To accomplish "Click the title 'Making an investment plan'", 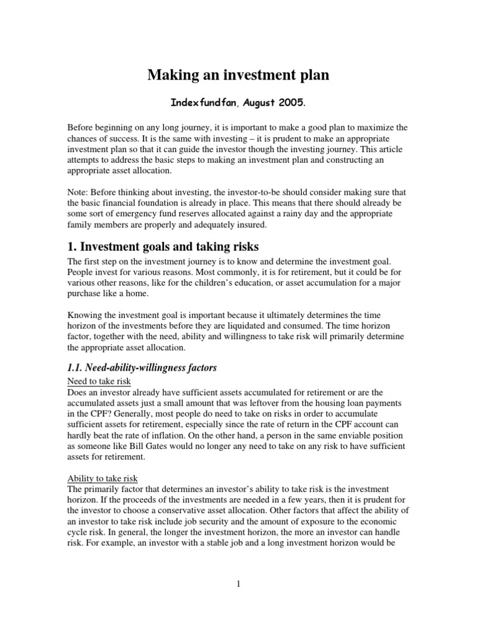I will (x=238, y=76).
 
